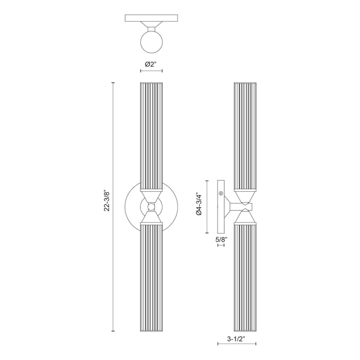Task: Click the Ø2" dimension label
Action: [151, 64]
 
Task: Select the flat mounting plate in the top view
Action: [151, 19]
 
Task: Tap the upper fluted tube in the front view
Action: [151, 134]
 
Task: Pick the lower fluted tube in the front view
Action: [151, 278]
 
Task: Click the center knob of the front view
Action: [151, 206]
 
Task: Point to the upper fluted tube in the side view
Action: [245, 134]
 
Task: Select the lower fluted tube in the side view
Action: [245, 278]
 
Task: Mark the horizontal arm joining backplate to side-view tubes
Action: [234, 206]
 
